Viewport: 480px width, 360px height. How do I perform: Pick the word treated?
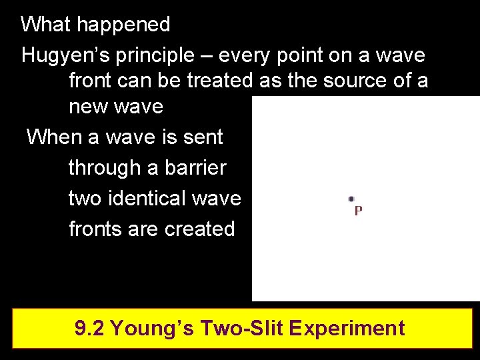pyautogui.click(x=219, y=81)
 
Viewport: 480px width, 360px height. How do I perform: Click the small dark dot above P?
pyautogui.click(x=351, y=199)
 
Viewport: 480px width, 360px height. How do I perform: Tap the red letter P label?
pyautogui.click(x=358, y=211)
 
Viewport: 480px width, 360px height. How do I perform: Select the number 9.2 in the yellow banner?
pyautogui.click(x=89, y=328)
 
